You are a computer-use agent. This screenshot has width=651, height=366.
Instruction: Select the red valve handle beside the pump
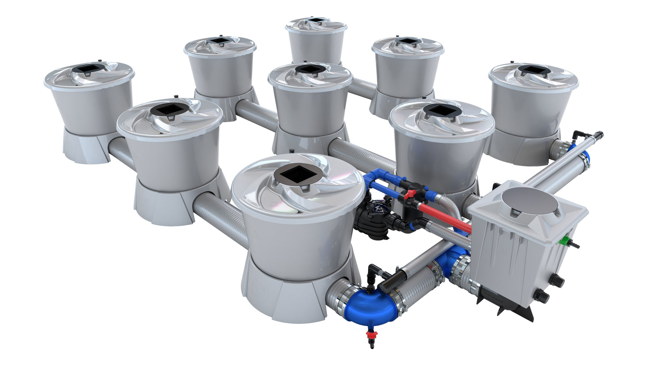[408, 194]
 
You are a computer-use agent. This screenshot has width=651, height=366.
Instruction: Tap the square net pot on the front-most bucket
[298, 174]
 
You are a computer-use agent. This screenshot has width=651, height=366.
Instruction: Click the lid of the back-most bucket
[316, 23]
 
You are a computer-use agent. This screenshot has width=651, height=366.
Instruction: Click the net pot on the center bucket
[310, 69]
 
